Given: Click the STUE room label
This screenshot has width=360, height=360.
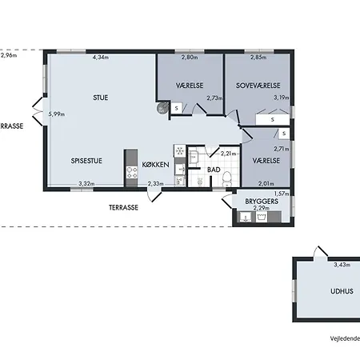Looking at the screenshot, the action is [x=101, y=98].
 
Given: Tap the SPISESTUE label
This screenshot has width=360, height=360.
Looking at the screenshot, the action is [x=86, y=161].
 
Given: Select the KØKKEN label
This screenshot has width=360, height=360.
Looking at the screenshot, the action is [x=155, y=165].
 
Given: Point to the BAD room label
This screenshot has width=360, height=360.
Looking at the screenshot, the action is [x=214, y=170].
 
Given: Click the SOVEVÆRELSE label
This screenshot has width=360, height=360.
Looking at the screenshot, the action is [x=258, y=86].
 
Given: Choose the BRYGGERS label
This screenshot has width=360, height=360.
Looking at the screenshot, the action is [x=262, y=202].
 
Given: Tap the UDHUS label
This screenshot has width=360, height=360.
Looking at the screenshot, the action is [x=342, y=291].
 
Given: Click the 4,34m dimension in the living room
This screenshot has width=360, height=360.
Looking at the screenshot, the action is [x=101, y=57].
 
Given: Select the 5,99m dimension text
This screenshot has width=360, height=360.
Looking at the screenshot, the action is [x=57, y=114].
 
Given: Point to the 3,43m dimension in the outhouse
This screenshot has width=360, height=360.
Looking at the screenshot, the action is [x=342, y=265].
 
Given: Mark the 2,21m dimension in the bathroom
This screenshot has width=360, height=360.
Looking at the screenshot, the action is [x=228, y=154].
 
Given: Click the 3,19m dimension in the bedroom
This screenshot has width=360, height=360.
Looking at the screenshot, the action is [x=282, y=98].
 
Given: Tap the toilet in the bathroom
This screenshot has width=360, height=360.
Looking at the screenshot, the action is [x=227, y=179].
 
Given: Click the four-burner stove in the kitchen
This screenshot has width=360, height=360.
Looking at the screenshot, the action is [x=132, y=172].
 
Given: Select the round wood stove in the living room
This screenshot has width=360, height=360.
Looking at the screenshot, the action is [x=162, y=108].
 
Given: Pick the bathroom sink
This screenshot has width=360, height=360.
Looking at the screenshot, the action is [x=194, y=157].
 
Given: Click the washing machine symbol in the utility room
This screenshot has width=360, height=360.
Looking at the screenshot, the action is [x=262, y=217].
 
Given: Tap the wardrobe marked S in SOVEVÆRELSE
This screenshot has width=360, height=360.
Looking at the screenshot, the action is [x=272, y=119].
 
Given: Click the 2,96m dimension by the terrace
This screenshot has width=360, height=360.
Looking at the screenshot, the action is [x=9, y=55].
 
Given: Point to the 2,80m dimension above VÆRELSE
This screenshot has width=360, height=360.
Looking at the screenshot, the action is [x=190, y=57].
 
